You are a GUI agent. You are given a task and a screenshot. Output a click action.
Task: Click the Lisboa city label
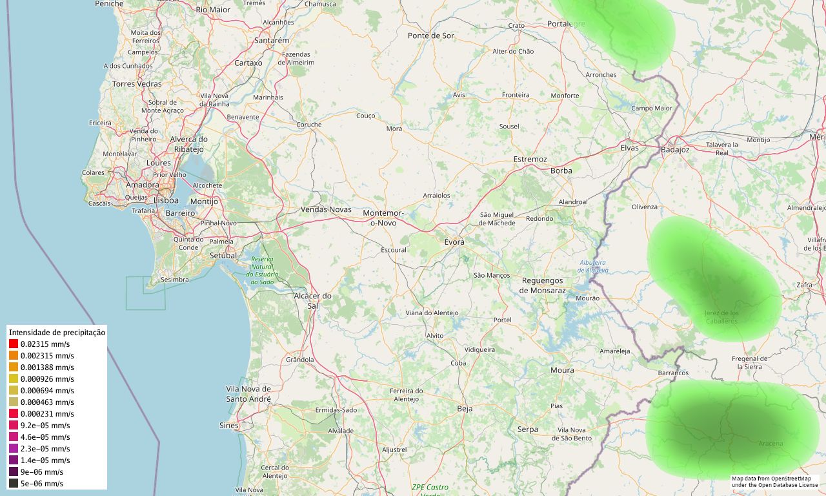coord(166,200)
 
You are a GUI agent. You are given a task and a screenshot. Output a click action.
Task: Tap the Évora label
coord(454,242)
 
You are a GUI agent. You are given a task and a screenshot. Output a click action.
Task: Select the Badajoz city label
coord(675,150)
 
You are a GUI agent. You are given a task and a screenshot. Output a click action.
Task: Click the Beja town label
coord(465,408)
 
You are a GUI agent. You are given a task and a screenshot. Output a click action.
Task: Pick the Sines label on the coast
coord(228,426)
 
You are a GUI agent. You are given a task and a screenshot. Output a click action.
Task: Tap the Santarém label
coord(272,40)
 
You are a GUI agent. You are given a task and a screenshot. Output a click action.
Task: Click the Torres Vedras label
coord(137,84)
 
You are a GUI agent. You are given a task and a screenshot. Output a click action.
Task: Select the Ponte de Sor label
coord(431,36)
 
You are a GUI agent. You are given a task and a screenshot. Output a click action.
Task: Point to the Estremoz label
coord(530,159)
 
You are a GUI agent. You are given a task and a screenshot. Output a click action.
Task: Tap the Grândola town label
coord(299,359)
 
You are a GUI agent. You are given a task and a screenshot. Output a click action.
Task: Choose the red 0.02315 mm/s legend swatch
coord(14,344)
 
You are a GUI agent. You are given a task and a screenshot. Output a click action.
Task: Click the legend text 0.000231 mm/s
coord(47,414)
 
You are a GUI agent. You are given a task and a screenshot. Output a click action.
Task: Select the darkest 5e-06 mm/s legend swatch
coord(14,484)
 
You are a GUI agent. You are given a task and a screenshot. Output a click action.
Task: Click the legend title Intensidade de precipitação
coord(57,332)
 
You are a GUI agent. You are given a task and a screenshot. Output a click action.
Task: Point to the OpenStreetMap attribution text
coord(774,482)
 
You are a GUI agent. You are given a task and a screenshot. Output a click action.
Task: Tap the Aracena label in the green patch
coord(771,444)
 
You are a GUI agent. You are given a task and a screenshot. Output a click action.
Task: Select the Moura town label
coord(562,370)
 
